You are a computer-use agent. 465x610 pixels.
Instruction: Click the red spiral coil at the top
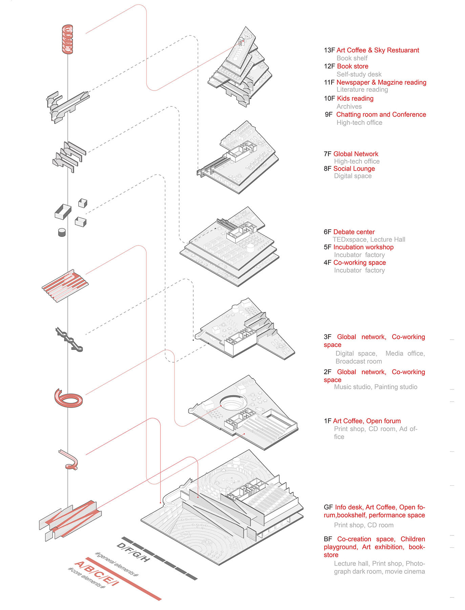[67, 39]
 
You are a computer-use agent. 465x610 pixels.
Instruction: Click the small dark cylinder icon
[62, 232]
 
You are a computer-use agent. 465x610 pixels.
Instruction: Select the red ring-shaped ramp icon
[68, 398]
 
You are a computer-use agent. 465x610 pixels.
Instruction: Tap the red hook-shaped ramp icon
[70, 460]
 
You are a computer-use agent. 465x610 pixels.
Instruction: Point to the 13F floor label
[329, 50]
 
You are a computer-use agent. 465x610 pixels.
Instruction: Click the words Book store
[352, 66]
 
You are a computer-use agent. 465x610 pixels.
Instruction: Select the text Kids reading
[355, 99]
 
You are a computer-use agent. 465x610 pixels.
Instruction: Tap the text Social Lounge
[354, 169]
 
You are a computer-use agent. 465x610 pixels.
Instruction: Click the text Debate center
[354, 232]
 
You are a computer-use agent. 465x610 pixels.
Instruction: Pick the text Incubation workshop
[363, 247]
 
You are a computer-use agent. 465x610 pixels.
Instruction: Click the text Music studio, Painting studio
[375, 387]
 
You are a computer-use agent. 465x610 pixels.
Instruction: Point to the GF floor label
[328, 507]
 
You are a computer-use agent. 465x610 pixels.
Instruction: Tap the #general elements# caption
[117, 565]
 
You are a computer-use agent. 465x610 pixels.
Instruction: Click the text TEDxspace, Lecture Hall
[368, 240]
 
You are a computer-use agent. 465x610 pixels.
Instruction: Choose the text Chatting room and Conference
[381, 115]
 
